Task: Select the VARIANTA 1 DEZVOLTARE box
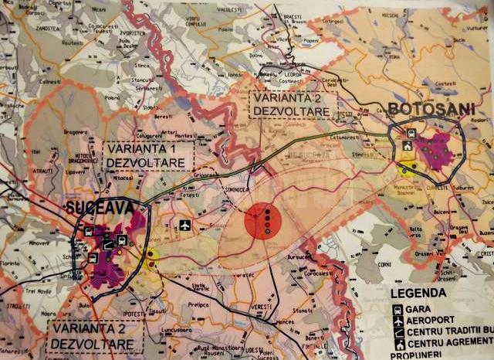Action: [x=145, y=155]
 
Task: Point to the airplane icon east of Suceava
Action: [x=184, y=226]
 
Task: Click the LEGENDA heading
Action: [x=418, y=294]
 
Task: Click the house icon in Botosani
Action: [x=407, y=144]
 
